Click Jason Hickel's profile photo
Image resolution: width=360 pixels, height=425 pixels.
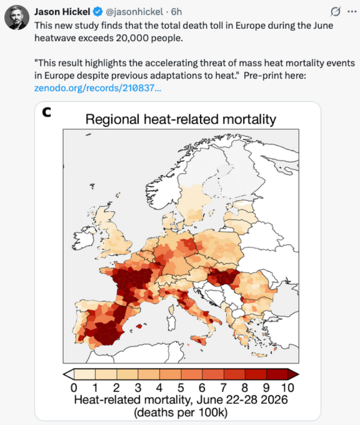pyautogui.click(x=17, y=17)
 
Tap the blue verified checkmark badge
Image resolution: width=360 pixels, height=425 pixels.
pyautogui.click(x=98, y=12)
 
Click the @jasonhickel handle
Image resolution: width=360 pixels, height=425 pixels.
pyautogui.click(x=134, y=12)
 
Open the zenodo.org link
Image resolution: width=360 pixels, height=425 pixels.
pyautogui.click(x=97, y=88)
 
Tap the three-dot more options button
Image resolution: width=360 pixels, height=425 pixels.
pyautogui.click(x=352, y=12)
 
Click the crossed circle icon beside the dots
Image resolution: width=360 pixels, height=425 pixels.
pyautogui.click(x=336, y=12)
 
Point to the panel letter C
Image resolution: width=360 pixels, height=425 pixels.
pyautogui.click(x=47, y=112)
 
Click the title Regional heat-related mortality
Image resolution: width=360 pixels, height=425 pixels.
pyautogui.click(x=180, y=119)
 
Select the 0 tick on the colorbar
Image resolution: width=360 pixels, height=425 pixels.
pyautogui.click(x=73, y=388)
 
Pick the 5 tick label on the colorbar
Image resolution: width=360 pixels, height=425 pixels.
pyautogui.click(x=180, y=388)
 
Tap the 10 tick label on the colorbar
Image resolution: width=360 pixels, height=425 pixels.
pyautogui.click(x=288, y=388)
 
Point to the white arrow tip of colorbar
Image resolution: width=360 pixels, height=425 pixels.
pyautogui.click(x=68, y=374)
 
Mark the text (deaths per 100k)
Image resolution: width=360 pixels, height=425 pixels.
pyautogui.click(x=180, y=413)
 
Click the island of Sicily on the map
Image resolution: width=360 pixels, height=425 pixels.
pyautogui.click(x=200, y=340)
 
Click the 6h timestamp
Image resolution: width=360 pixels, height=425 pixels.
pyautogui.click(x=176, y=12)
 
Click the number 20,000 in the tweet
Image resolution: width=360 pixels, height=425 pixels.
pyautogui.click(x=132, y=38)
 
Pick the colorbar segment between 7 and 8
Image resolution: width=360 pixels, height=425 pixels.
pyautogui.click(x=234, y=374)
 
